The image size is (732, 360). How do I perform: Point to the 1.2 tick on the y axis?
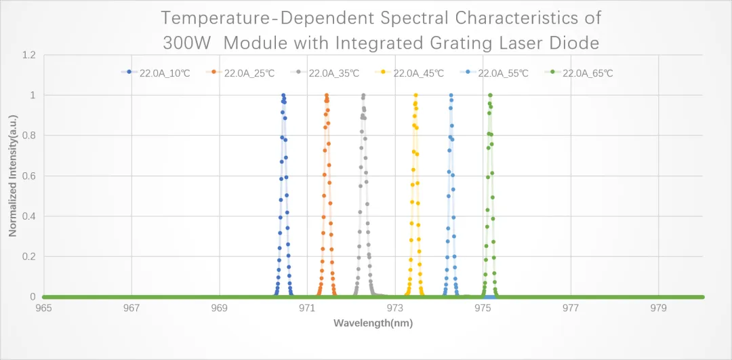(28, 55)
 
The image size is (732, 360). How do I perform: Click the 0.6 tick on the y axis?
(28, 176)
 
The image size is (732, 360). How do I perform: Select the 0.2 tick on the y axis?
(28, 257)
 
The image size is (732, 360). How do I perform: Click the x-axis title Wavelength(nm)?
(372, 323)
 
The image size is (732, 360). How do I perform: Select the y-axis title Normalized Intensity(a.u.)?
(13, 176)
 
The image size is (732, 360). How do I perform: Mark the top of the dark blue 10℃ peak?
(283, 95)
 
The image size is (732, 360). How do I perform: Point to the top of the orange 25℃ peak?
(327, 95)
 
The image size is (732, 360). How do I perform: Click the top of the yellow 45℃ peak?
(415, 95)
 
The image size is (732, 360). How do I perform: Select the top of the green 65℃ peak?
(490, 95)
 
